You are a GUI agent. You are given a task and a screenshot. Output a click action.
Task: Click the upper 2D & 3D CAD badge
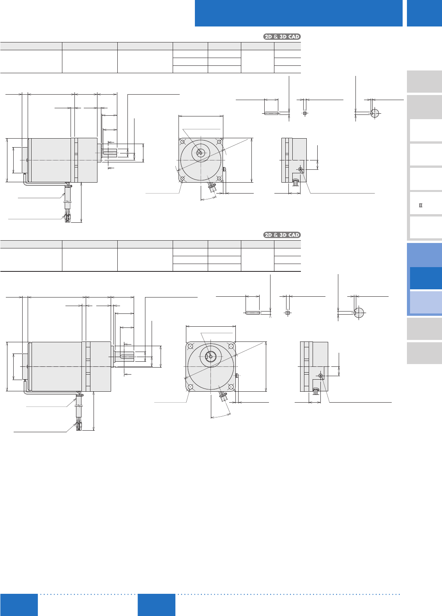click(282, 37)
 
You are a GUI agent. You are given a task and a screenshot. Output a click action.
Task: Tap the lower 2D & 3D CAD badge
click(282, 235)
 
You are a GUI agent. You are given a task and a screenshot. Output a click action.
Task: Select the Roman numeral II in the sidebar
click(421, 205)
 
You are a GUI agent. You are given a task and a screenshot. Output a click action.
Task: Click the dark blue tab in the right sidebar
click(426, 278)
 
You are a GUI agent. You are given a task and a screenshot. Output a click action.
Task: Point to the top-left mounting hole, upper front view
click(182, 142)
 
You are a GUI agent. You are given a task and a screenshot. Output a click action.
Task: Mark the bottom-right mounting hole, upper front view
click(219, 178)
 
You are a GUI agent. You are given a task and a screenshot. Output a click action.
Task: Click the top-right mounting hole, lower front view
click(232, 346)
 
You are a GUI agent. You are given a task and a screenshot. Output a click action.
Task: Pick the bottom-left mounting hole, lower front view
click(190, 387)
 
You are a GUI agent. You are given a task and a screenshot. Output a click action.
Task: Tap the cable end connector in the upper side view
click(67, 218)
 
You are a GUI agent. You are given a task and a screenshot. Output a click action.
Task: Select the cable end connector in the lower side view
click(79, 426)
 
